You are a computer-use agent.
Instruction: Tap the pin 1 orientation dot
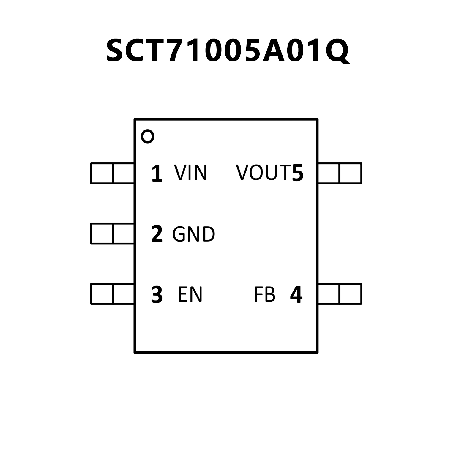pyautogui.click(x=148, y=137)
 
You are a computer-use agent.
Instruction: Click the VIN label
pyautogui.click(x=190, y=173)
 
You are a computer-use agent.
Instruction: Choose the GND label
pyautogui.click(x=193, y=234)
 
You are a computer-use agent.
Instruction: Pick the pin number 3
pyautogui.click(x=157, y=295)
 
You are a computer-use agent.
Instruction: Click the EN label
pyautogui.click(x=190, y=294)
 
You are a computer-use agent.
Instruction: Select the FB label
pyautogui.click(x=265, y=294)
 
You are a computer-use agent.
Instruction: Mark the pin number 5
pyautogui.click(x=298, y=173)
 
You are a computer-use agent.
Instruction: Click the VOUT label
pyautogui.click(x=263, y=173)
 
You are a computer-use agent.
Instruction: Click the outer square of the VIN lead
pyautogui.click(x=102, y=173)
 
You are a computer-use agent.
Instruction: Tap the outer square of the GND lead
pyautogui.click(x=102, y=233)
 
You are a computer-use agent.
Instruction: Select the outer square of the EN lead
pyautogui.click(x=102, y=294)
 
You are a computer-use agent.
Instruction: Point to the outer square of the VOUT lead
pyautogui.click(x=350, y=173)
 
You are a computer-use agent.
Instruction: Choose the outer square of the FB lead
pyautogui.click(x=350, y=294)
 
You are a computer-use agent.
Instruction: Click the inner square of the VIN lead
pyautogui.click(x=124, y=173)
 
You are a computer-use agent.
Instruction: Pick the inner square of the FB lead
pyautogui.click(x=329, y=294)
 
